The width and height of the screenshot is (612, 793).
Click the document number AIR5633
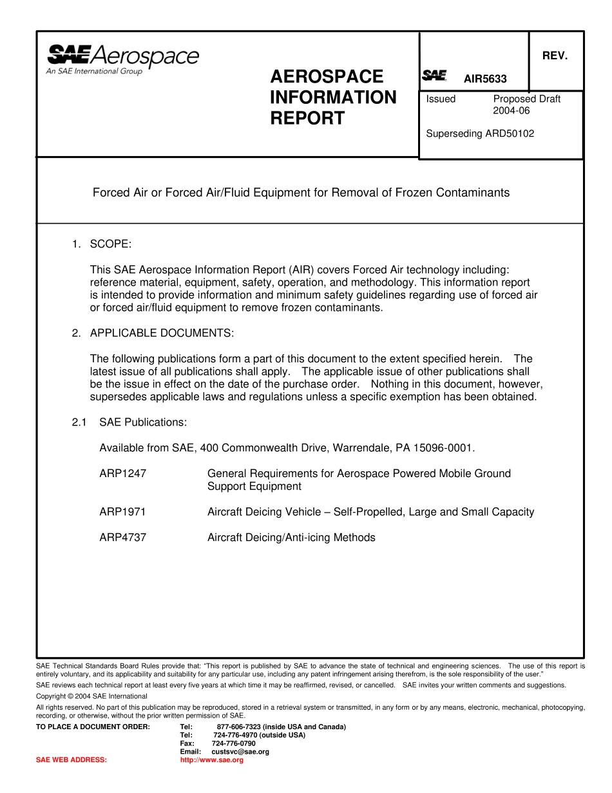tap(485, 79)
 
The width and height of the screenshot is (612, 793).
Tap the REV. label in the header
tap(555, 56)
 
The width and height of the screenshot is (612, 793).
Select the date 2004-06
tap(512, 111)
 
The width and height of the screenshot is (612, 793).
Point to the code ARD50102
tap(510, 134)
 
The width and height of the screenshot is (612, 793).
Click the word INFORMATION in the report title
tap(333, 97)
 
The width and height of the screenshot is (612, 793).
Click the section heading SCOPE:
tap(110, 244)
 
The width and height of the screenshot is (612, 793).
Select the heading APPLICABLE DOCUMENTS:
tap(162, 333)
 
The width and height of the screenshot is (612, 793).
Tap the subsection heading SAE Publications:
tap(143, 422)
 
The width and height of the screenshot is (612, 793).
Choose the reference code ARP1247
tap(122, 473)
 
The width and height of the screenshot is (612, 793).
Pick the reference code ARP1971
tap(122, 512)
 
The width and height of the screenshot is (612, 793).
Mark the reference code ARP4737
tap(122, 538)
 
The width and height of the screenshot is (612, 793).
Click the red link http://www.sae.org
tap(212, 760)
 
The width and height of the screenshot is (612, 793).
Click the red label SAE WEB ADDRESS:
tap(72, 760)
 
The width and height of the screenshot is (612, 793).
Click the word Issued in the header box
tap(441, 99)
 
